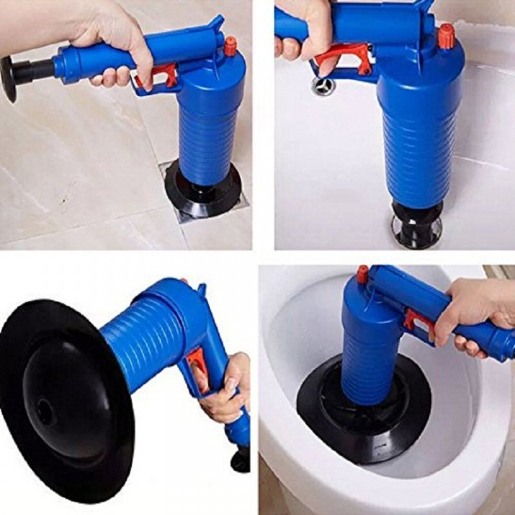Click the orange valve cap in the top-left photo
coord(230,46)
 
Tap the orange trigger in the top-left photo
coord(164,76)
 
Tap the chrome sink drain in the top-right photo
coord(324,86)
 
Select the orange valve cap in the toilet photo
coord(363,274)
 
